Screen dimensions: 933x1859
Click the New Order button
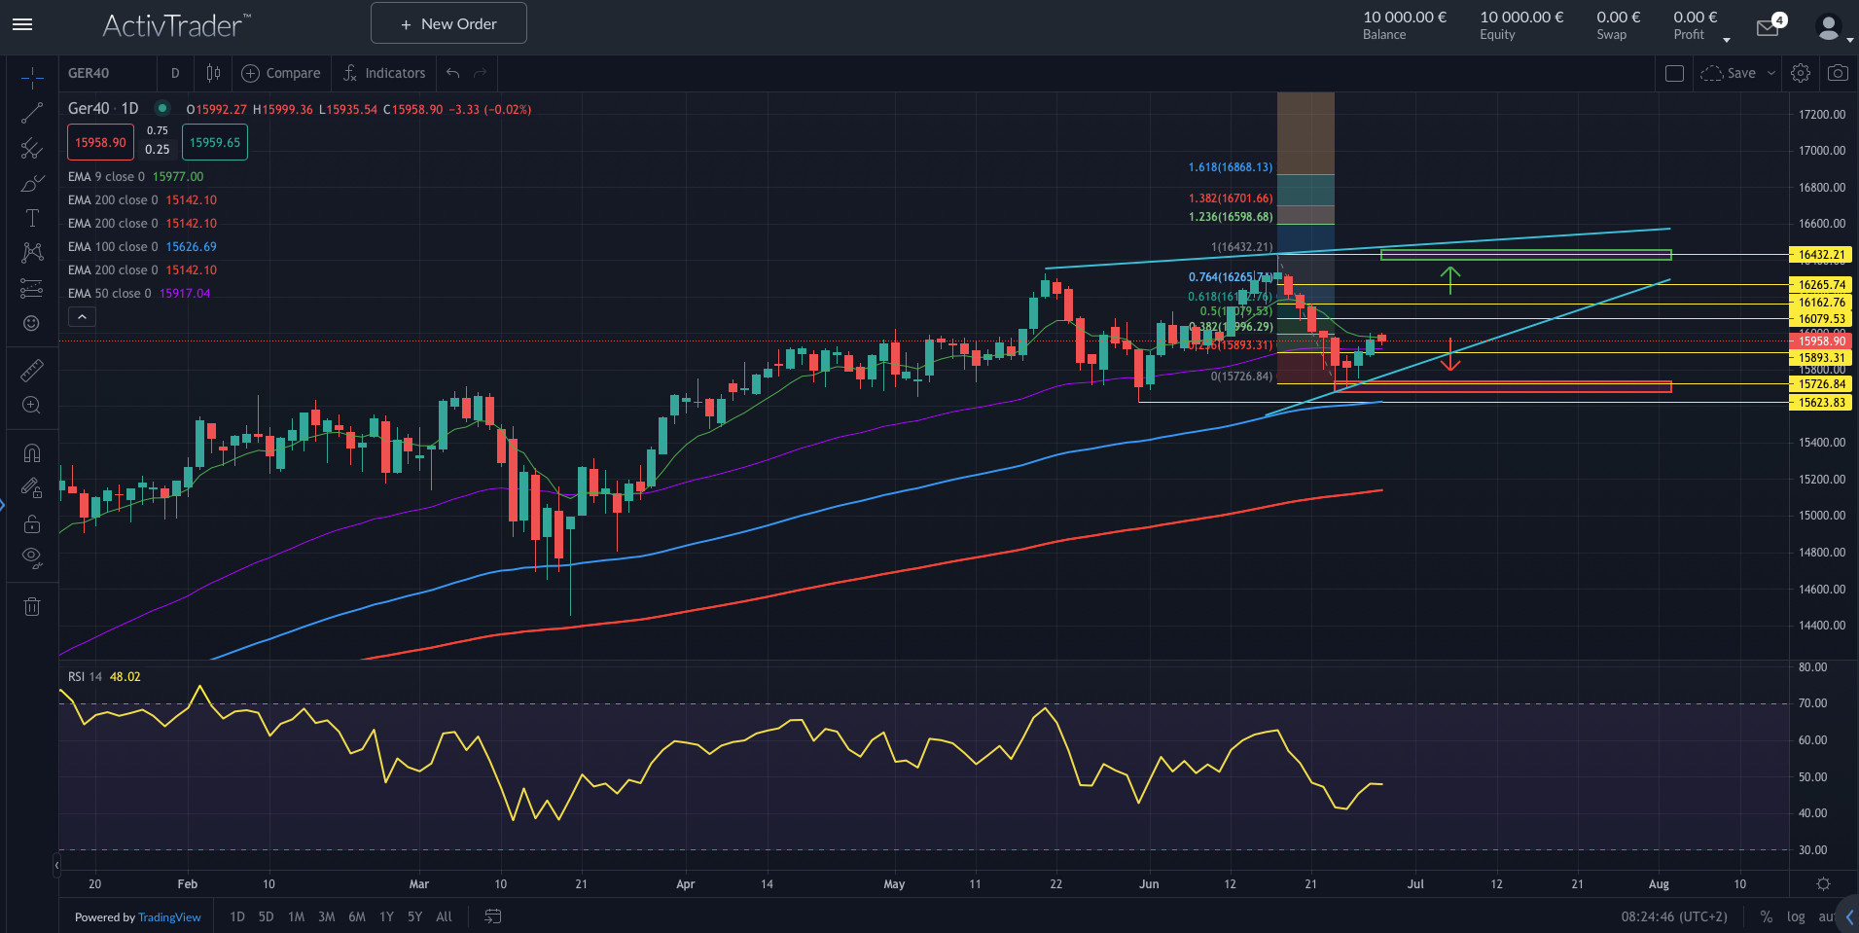click(448, 23)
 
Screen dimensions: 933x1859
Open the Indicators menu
click(384, 73)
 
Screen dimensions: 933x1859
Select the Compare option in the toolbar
click(281, 73)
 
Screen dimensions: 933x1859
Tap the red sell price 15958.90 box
click(100, 143)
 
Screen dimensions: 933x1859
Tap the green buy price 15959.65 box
click(215, 143)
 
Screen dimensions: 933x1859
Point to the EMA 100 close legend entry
click(142, 247)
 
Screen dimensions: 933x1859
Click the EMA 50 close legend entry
click(138, 294)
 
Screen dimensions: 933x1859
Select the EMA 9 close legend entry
click(135, 177)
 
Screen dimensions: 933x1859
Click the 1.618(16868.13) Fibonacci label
click(1230, 167)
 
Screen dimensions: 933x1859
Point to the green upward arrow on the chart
click(1450, 279)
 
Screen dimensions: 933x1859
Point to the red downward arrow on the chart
click(1450, 356)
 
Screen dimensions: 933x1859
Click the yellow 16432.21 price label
click(1821, 255)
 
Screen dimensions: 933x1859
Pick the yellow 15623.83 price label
click(1821, 403)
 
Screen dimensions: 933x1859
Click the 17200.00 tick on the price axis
click(1821, 115)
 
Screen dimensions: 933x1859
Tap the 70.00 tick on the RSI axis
click(1812, 703)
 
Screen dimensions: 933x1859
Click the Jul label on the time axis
click(1415, 884)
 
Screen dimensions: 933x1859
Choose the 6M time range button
click(357, 916)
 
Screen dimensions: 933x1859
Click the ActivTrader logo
click(176, 24)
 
